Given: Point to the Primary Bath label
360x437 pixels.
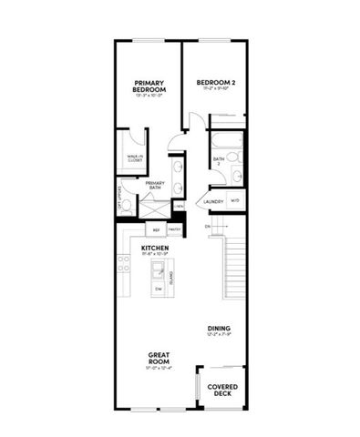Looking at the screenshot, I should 155,185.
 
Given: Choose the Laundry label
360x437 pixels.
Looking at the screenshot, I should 213,202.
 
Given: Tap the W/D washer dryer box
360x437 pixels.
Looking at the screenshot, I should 235,201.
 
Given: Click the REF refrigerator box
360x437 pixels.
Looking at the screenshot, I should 156,230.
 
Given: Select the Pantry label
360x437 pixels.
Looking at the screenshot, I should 174,230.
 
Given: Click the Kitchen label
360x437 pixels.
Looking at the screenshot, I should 152,248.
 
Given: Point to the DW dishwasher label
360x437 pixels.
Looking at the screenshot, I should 159,289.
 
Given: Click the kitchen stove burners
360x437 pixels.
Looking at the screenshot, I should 123,265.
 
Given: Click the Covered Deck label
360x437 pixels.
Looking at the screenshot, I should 222,388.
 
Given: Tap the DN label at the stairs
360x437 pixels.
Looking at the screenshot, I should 208,227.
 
